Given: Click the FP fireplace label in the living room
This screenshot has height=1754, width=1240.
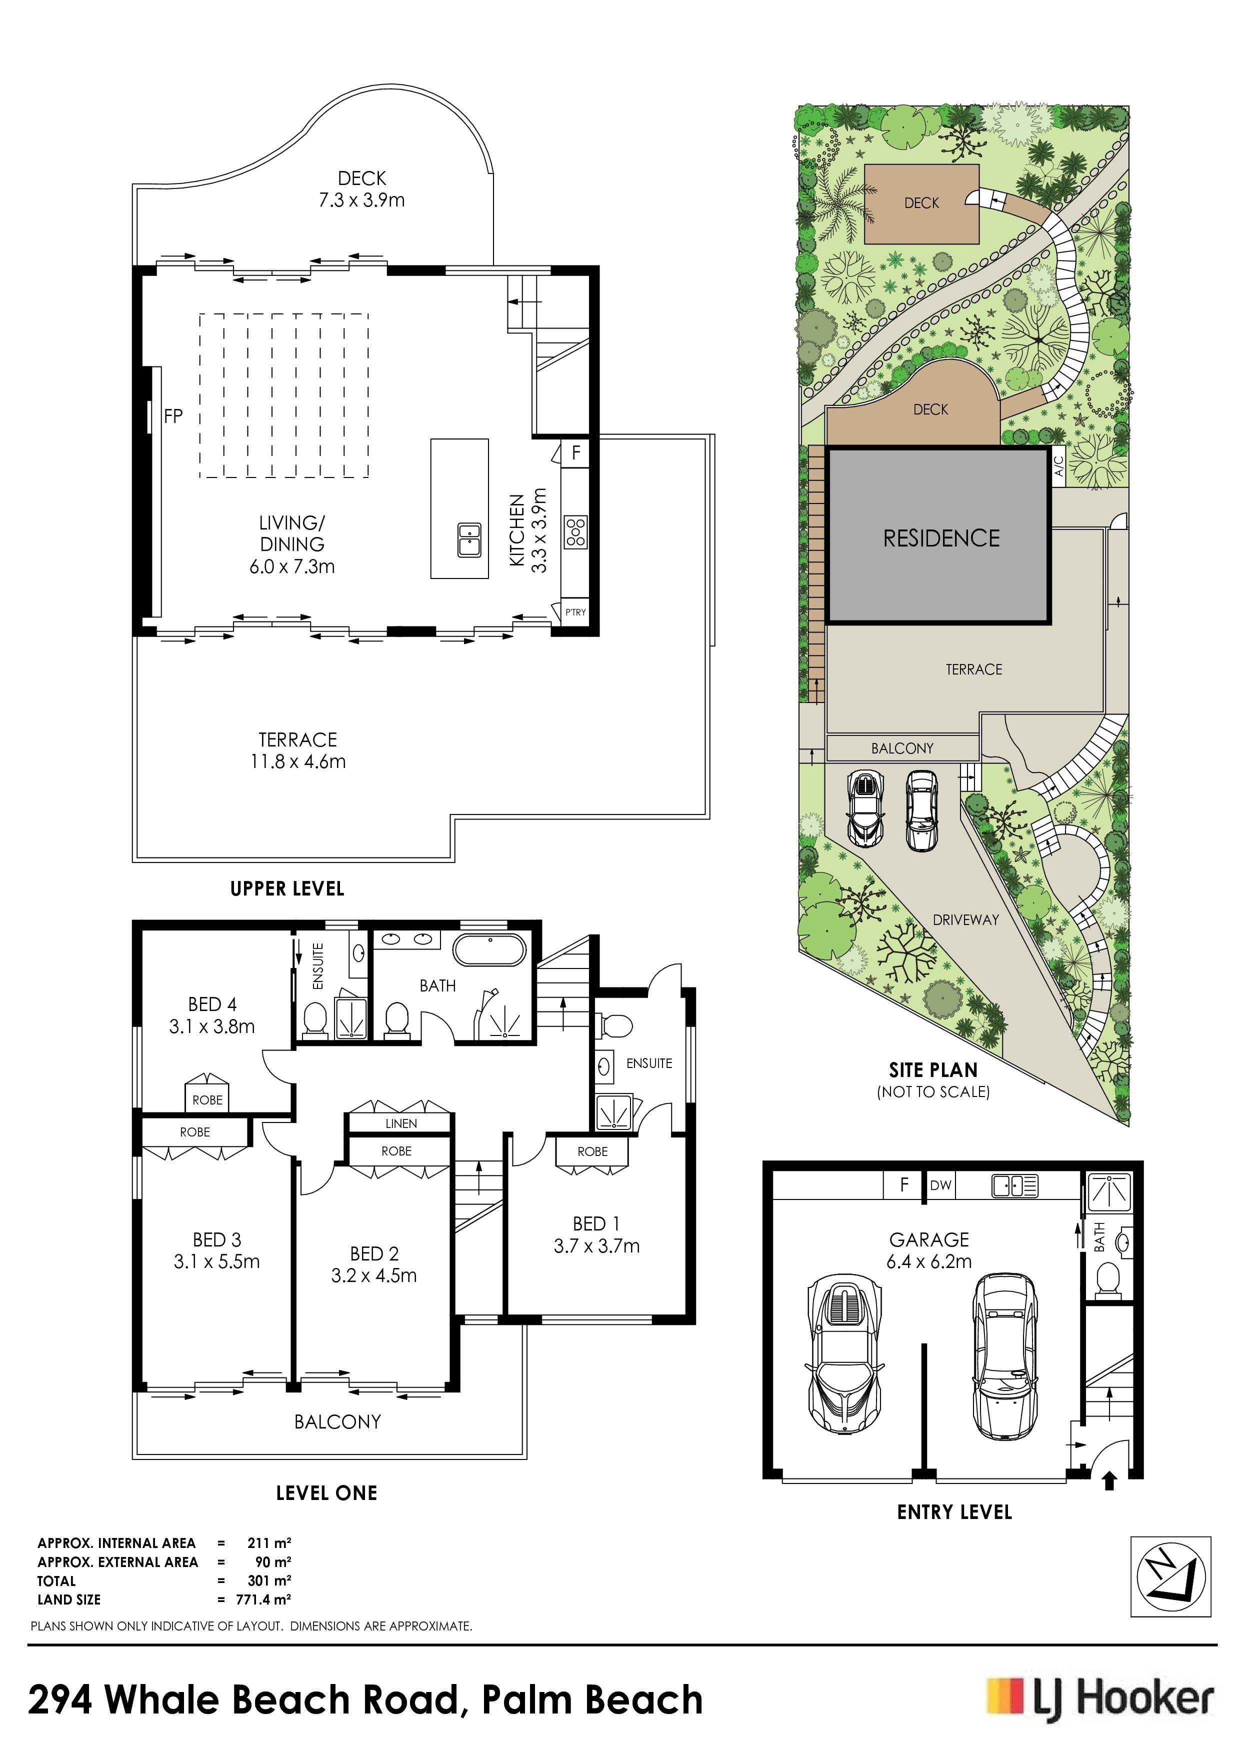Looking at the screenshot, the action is click(x=173, y=416).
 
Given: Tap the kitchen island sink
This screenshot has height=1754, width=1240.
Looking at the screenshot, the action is click(x=469, y=540).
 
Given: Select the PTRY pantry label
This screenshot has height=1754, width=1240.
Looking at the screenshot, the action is click(x=575, y=612).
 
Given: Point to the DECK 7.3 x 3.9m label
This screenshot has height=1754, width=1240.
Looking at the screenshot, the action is click(x=362, y=189).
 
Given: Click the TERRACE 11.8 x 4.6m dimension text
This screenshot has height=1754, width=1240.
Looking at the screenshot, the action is click(x=298, y=761).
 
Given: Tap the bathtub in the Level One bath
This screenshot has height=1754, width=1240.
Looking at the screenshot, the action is click(x=489, y=950).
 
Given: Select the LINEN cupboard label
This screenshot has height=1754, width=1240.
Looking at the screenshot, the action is click(x=401, y=1123).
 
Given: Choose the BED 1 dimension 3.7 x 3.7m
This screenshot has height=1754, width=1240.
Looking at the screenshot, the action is click(x=596, y=1246).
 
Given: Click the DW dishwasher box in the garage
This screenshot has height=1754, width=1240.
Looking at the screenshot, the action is click(x=941, y=1185).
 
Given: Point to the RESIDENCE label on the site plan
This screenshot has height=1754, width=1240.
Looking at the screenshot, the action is click(x=941, y=538).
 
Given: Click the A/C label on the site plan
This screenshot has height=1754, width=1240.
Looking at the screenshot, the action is click(x=1059, y=465).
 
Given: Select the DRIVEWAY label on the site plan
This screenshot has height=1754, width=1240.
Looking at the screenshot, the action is click(x=965, y=920).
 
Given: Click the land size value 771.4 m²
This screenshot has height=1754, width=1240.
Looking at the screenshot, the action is click(x=269, y=1599).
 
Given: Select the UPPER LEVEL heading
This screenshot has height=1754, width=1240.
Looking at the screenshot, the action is click(x=287, y=888).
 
